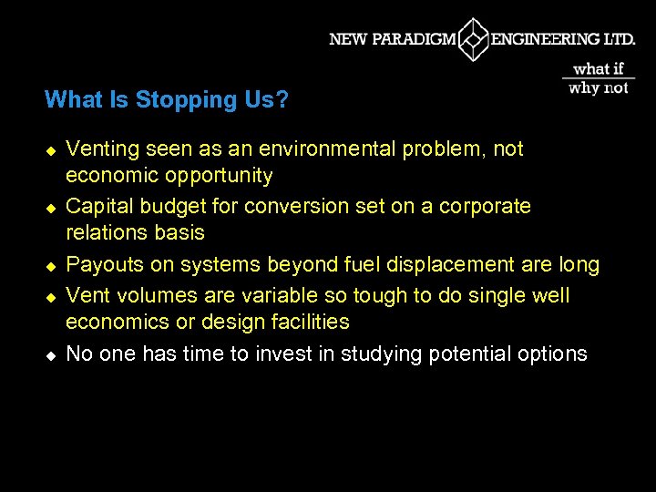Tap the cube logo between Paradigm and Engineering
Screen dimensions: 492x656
(474, 39)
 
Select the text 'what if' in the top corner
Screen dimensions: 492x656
(599, 68)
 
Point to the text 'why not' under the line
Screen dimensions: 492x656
(599, 88)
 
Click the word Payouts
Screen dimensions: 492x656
(105, 265)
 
